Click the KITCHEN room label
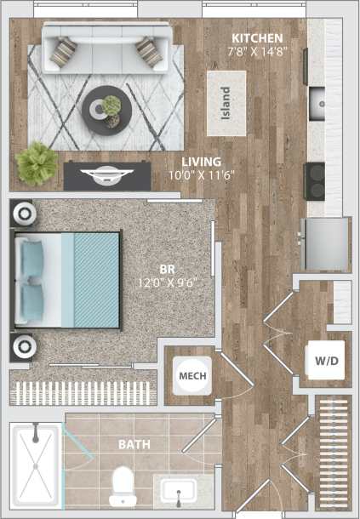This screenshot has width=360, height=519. click(x=258, y=39)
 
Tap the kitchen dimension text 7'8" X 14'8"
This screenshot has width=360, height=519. click(x=258, y=51)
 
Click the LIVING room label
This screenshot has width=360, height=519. click(x=202, y=161)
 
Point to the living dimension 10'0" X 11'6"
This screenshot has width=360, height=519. click(x=203, y=174)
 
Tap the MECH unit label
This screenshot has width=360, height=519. click(x=188, y=375)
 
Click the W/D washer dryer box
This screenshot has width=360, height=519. click(x=326, y=361)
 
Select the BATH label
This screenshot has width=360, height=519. click(x=134, y=444)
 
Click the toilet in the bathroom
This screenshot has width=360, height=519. click(x=123, y=486)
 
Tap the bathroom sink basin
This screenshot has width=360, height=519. click(x=177, y=492)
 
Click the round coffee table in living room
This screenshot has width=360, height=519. click(x=107, y=108)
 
